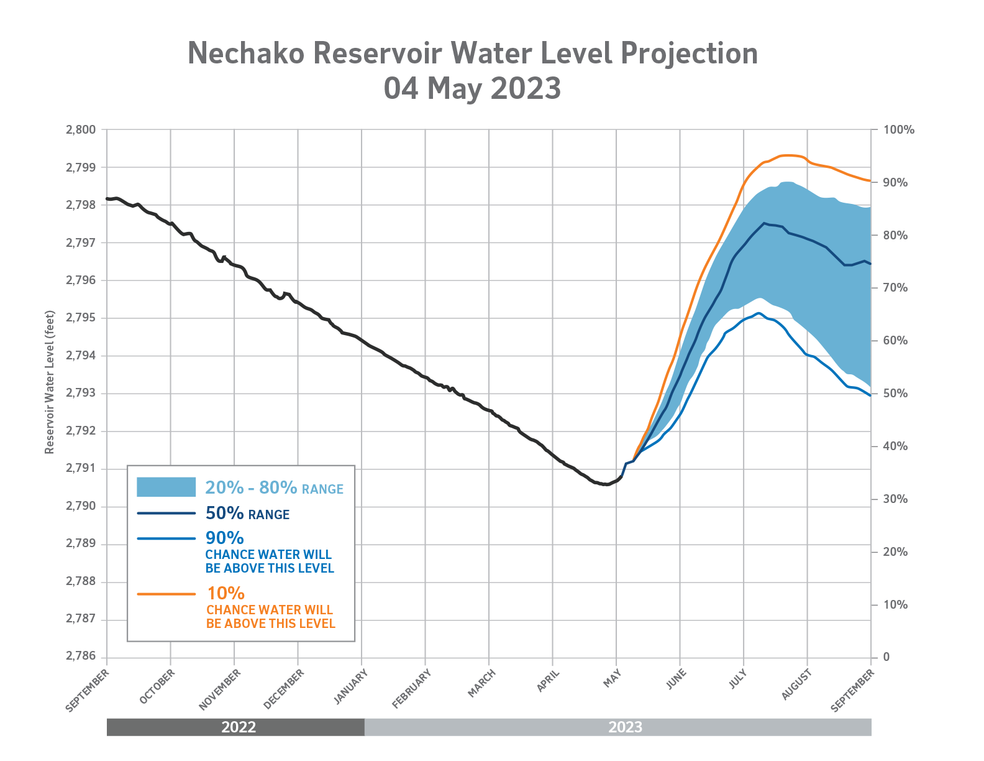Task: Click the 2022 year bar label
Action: pyautogui.click(x=239, y=727)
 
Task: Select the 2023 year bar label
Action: pyautogui.click(x=625, y=727)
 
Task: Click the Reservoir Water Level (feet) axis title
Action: pyautogui.click(x=50, y=382)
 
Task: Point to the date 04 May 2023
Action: pyautogui.click(x=472, y=88)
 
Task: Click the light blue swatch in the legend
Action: pyautogui.click(x=166, y=487)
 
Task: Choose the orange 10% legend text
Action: pyautogui.click(x=225, y=593)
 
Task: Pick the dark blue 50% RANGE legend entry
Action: pyautogui.click(x=247, y=514)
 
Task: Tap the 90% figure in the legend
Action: pyautogui.click(x=224, y=538)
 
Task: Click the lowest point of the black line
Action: pyautogui.click(x=606, y=484)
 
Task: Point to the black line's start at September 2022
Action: pyautogui.click(x=107, y=199)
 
